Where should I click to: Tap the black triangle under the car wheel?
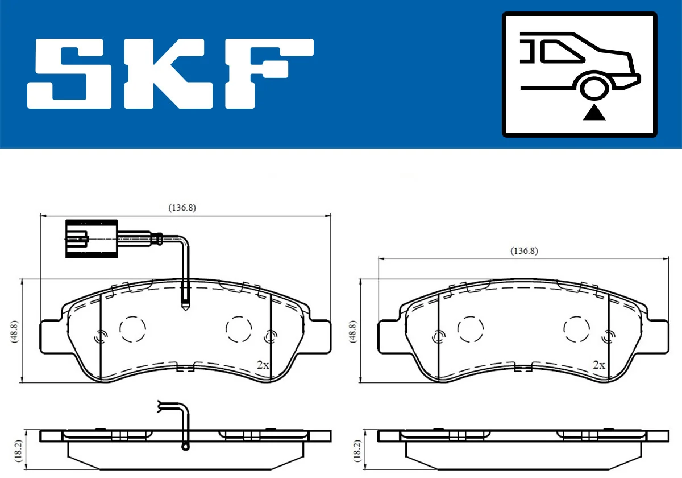tap(594, 113)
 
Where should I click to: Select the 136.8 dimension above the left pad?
tap(182, 208)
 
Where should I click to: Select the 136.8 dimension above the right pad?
tap(523, 251)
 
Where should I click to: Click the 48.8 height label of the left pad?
tap(15, 331)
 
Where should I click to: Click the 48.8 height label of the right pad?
tap(353, 331)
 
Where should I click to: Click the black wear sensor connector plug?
tap(91, 238)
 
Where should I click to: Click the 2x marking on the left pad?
tap(262, 365)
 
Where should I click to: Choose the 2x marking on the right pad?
tap(598, 365)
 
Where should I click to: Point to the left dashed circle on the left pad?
tap(133, 328)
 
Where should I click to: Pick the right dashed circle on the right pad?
tap(576, 328)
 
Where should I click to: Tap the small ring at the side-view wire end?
tap(185, 447)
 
